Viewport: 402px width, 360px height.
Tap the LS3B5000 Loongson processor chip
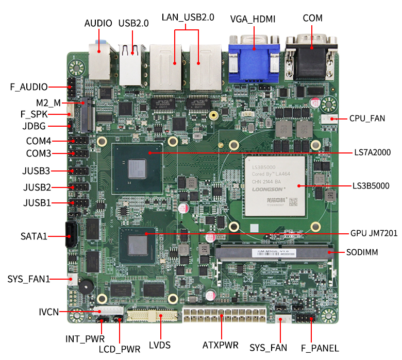275,185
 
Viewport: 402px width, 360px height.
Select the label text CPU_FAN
367,118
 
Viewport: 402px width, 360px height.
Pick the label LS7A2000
372,152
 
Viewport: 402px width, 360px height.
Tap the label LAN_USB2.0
187,17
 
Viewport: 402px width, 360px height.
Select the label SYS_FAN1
29,279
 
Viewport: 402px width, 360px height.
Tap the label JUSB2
37,187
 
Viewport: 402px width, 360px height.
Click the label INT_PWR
85,339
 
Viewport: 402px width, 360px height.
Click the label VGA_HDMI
253,19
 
